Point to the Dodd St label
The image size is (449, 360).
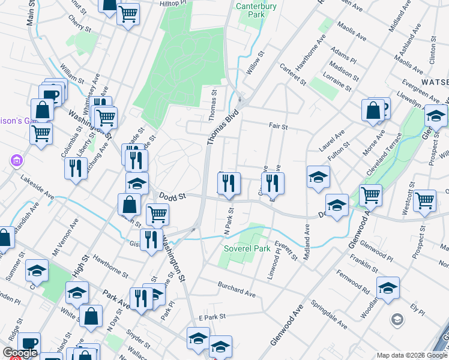tap(173, 196)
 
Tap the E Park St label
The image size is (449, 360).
tap(211, 316)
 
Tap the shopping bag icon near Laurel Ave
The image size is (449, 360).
tap(373, 110)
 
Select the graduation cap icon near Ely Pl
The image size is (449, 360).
tap(388, 288)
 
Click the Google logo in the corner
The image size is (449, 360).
tap(20, 353)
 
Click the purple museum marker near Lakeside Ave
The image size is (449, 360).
tap(16, 161)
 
